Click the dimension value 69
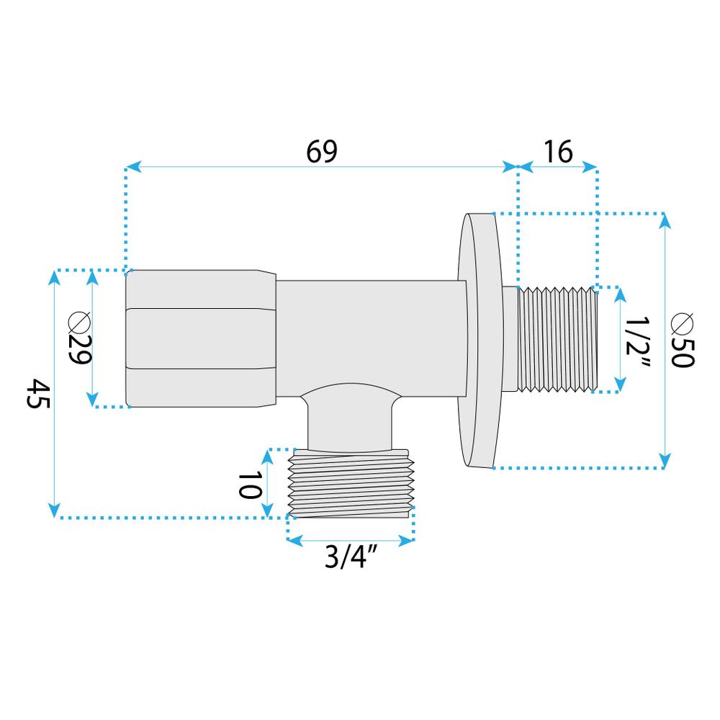click(x=321, y=152)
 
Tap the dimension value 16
click(x=558, y=152)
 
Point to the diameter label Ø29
click(x=79, y=339)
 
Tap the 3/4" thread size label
click(x=351, y=558)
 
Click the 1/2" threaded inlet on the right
click(x=558, y=339)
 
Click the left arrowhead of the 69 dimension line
click(x=130, y=168)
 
